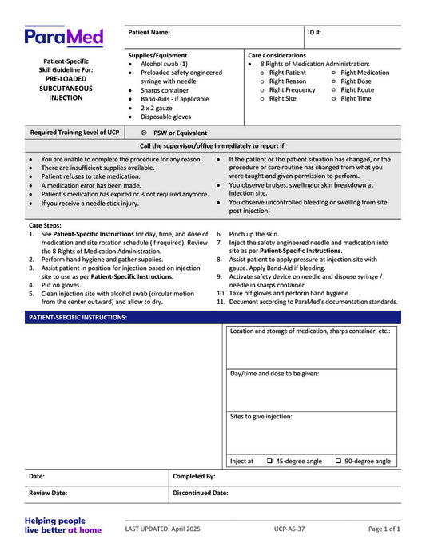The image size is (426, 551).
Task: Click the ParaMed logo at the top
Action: click(x=63, y=36)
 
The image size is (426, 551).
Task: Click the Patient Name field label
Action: click(x=149, y=33)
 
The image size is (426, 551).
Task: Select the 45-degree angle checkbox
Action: click(x=269, y=461)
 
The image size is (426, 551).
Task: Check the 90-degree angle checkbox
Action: click(x=339, y=461)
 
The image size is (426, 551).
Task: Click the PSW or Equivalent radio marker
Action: click(x=144, y=133)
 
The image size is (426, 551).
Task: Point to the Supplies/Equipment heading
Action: click(x=158, y=55)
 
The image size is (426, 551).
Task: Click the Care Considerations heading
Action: click(x=277, y=55)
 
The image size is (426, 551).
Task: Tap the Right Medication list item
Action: click(x=364, y=73)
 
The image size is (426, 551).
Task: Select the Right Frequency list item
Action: click(x=292, y=90)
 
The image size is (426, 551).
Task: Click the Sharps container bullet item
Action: click(x=164, y=90)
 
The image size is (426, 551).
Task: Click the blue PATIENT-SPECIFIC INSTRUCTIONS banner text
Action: click(x=77, y=317)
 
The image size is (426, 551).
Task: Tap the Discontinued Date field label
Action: click(x=201, y=494)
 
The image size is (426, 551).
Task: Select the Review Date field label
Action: click(x=48, y=494)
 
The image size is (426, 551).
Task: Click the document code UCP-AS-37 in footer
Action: click(x=289, y=529)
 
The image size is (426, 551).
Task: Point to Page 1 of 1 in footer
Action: click(x=384, y=529)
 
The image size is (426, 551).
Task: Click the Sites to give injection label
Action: click(x=261, y=417)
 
